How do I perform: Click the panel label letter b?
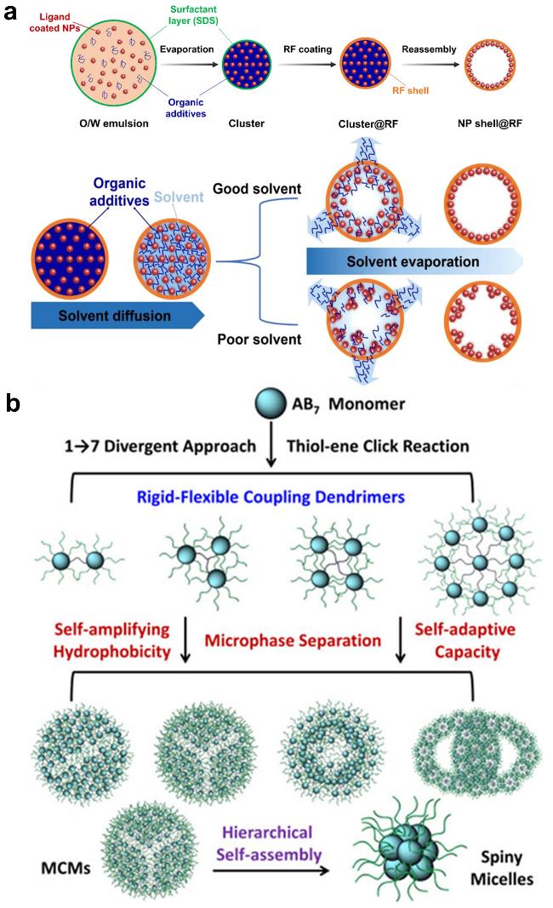point(13,403)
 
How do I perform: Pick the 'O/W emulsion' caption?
point(111,123)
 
